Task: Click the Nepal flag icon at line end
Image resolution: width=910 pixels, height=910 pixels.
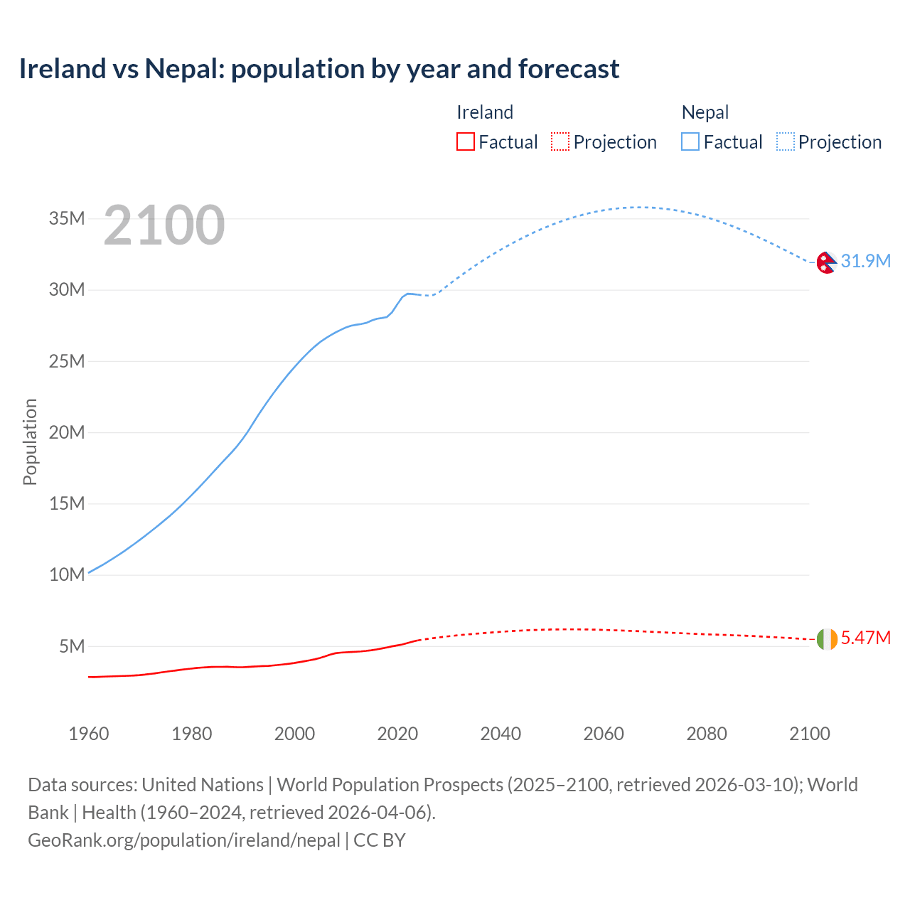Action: click(x=826, y=262)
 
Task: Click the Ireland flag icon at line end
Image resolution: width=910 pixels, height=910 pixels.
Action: click(x=827, y=639)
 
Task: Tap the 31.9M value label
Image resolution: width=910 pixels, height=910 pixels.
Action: click(x=865, y=261)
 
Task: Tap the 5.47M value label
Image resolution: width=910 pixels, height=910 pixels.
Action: click(x=865, y=638)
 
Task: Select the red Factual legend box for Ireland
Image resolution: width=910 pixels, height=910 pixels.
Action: click(x=465, y=141)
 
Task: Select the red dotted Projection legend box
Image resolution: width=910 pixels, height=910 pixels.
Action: click(x=560, y=141)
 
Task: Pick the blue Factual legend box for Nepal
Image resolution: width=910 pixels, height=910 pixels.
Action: click(x=690, y=141)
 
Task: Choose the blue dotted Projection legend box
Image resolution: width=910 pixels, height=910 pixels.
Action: click(x=785, y=141)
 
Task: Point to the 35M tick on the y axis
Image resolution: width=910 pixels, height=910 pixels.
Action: click(x=67, y=218)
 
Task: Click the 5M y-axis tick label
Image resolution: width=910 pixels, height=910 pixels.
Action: click(x=72, y=646)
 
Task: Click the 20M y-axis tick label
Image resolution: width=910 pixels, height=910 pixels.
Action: click(x=67, y=432)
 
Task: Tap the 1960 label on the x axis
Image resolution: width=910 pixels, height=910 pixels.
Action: click(x=89, y=734)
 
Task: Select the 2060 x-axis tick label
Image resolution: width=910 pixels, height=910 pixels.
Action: click(x=604, y=734)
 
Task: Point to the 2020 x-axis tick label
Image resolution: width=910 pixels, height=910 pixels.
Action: click(x=397, y=734)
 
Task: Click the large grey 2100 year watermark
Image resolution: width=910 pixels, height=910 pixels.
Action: click(x=164, y=225)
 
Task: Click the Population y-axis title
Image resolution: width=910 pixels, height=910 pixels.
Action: click(x=30, y=441)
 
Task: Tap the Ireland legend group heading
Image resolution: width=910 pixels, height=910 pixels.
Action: click(x=485, y=112)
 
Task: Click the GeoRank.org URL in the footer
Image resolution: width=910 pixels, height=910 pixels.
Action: click(x=184, y=840)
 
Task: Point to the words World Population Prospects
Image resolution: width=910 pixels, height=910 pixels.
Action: click(x=390, y=785)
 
